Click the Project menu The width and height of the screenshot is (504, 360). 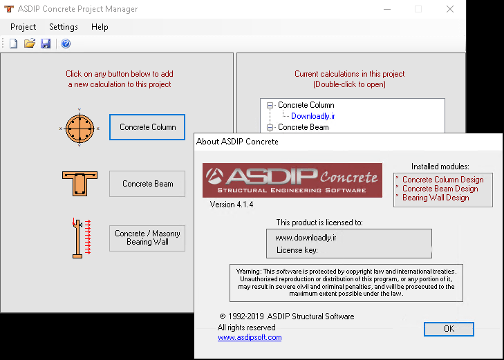point(23,27)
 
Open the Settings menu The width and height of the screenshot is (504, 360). point(64,27)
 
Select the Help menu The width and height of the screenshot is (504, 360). point(100,27)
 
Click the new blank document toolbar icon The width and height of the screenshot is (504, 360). point(13,44)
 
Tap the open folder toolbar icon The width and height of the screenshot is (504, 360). point(30,44)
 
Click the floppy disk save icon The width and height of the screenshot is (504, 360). point(46,44)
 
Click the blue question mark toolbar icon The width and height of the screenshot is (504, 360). point(66,44)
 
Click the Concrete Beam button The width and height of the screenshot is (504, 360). point(147,184)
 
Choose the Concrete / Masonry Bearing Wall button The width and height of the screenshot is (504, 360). point(147,238)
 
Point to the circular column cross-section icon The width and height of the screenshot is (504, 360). point(80,128)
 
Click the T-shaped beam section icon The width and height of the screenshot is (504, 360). point(80,184)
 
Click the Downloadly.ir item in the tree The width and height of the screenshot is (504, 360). point(312,116)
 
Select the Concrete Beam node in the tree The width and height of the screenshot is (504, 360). point(303,127)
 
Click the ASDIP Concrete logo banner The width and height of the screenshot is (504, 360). point(292,180)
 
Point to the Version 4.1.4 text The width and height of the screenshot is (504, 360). point(232,205)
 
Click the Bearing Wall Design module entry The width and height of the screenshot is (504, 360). point(436,198)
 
